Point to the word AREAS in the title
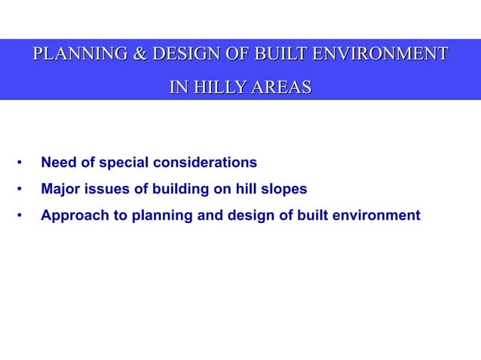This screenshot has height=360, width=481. pos(282,88)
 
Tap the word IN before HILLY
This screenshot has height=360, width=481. pos(178,88)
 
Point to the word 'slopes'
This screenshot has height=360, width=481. pos(286,189)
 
